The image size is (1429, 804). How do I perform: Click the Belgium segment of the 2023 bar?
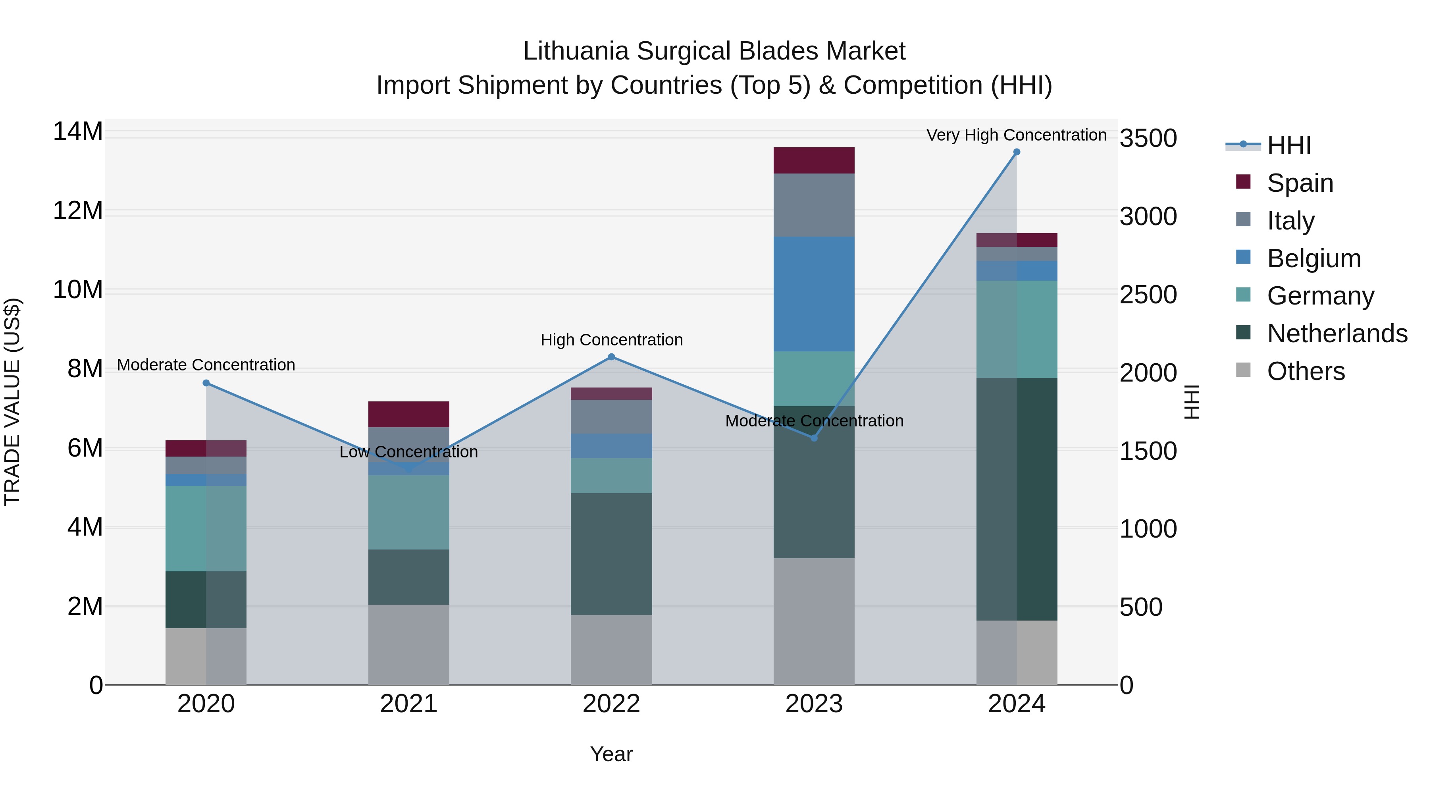pyautogui.click(x=814, y=294)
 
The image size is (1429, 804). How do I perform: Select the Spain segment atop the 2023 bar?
pyautogui.click(x=814, y=160)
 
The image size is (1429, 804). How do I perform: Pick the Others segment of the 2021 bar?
pyautogui.click(x=408, y=644)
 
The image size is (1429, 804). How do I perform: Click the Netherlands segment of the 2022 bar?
pyautogui.click(x=611, y=554)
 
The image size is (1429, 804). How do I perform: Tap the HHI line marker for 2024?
pyautogui.click(x=1016, y=152)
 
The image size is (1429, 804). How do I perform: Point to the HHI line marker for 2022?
pyautogui.click(x=611, y=357)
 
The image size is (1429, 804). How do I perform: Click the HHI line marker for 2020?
pyautogui.click(x=206, y=383)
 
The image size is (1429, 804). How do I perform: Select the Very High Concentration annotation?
pyautogui.click(x=1016, y=135)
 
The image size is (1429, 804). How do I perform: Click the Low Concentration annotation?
pyautogui.click(x=408, y=452)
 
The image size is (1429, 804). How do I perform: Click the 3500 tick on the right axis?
pyautogui.click(x=1148, y=138)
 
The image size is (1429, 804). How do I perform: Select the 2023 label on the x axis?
pyautogui.click(x=814, y=704)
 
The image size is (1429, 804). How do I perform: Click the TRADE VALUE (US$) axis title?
pyautogui.click(x=13, y=402)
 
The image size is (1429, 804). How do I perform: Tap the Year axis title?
pyautogui.click(x=611, y=754)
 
